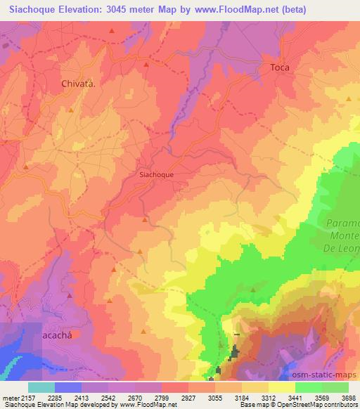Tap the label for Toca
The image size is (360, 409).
280,67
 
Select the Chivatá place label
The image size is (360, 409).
79,82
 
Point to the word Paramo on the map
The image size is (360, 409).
344,223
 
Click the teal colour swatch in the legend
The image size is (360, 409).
41,387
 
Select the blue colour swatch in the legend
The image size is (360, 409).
67,387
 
